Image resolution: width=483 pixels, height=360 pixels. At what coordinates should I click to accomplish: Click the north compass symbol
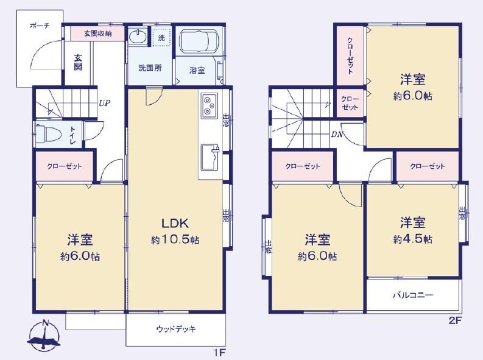(44, 336)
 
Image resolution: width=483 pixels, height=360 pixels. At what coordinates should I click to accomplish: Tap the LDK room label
(175, 224)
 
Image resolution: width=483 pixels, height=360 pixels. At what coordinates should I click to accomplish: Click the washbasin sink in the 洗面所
(138, 37)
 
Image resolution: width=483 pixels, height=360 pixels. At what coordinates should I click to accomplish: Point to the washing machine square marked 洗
(161, 38)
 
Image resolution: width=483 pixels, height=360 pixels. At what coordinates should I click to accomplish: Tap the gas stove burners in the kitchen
(210, 106)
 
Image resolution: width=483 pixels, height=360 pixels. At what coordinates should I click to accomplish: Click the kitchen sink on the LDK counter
(210, 157)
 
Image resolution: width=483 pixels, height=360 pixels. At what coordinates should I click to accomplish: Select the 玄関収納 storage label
(98, 34)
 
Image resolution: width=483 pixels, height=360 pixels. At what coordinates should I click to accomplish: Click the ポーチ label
(40, 26)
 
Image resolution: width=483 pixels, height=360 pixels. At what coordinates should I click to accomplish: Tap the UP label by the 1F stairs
(104, 103)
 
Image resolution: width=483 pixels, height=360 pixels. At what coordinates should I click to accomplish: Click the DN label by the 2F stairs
(337, 134)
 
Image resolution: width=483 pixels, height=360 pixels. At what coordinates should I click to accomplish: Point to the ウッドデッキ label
(176, 329)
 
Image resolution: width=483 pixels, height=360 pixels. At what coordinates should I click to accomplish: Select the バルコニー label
(413, 295)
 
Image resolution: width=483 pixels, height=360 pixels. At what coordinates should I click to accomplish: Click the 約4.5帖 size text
(412, 239)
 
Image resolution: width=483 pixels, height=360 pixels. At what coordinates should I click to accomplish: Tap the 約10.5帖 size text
(175, 240)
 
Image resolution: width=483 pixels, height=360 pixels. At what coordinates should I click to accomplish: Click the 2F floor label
(456, 320)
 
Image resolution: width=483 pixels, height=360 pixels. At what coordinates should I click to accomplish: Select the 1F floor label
(220, 352)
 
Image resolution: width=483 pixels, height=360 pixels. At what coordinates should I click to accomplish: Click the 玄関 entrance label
(78, 62)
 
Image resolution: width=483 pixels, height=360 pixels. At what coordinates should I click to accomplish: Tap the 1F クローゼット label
(65, 167)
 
